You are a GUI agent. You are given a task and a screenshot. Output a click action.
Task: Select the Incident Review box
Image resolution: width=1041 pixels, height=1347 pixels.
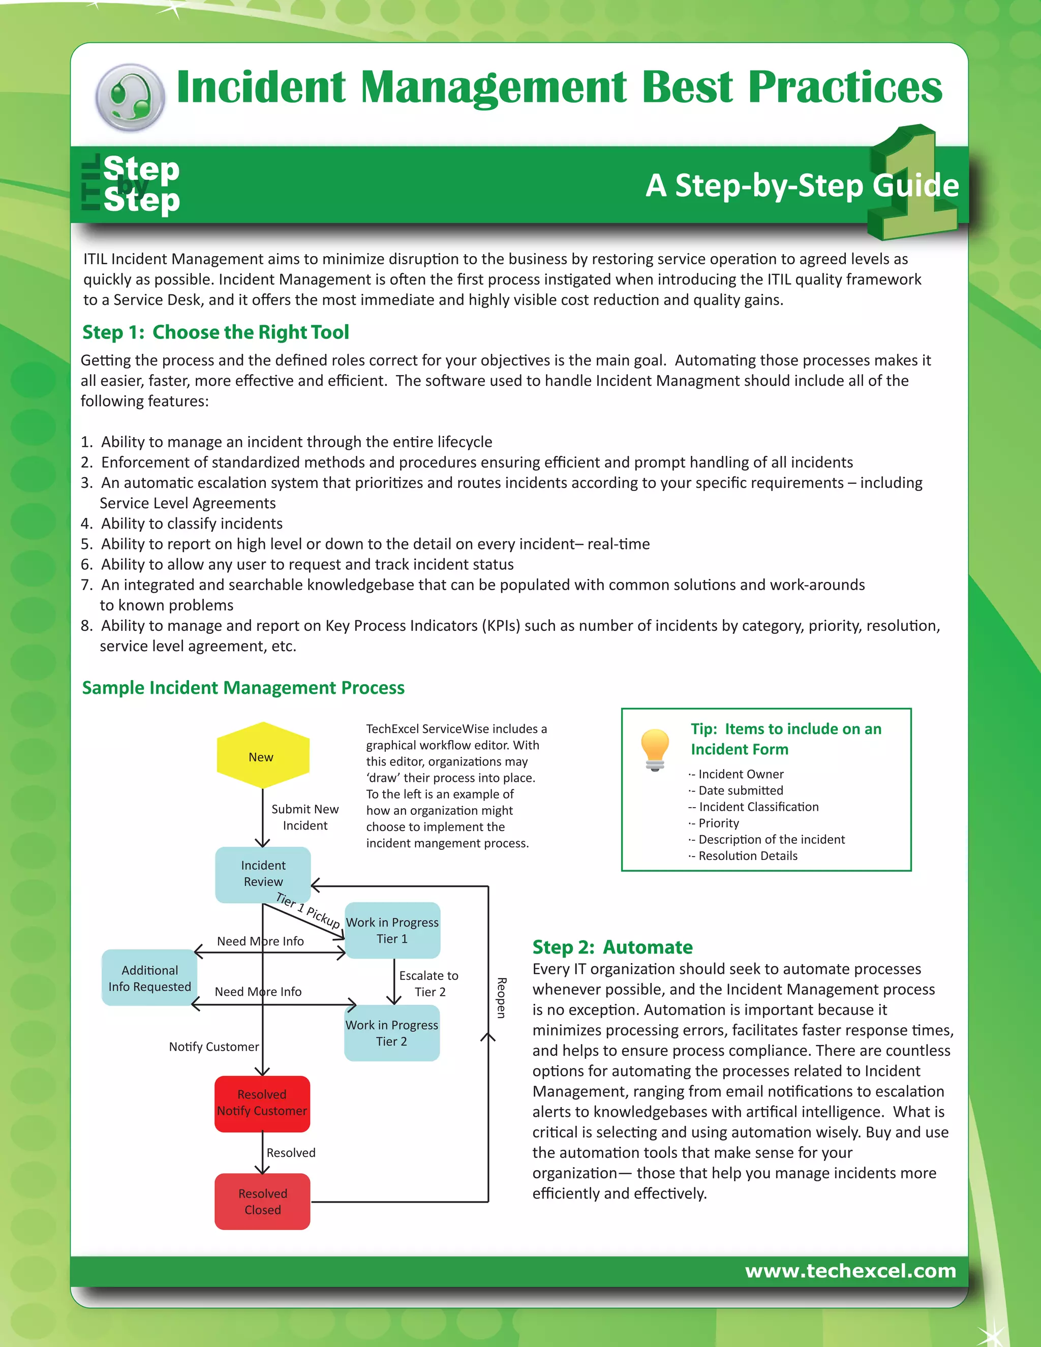click(263, 874)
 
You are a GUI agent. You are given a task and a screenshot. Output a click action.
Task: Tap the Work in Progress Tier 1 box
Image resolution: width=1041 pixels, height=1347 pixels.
click(392, 930)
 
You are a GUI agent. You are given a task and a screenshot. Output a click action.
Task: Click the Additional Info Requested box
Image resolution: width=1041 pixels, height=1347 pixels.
click(149, 977)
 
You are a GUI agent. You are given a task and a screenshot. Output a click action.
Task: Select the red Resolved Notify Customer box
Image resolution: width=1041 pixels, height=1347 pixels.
click(262, 1103)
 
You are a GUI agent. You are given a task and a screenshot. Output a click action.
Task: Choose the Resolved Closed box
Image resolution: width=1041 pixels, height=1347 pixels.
click(262, 1202)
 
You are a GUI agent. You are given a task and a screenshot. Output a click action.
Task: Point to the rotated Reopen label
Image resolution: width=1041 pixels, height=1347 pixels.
click(501, 998)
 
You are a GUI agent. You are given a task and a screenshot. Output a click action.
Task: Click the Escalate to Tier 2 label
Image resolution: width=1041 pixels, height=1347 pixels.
click(428, 983)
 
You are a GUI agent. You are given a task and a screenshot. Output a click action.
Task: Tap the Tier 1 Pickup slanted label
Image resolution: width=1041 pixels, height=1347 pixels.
click(308, 910)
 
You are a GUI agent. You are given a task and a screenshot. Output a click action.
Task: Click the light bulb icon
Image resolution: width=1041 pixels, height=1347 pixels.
click(655, 749)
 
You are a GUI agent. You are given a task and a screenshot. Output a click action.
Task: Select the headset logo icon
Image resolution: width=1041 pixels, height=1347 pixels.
click(130, 98)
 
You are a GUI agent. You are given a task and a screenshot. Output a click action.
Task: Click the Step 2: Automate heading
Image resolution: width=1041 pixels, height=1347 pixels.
click(612, 947)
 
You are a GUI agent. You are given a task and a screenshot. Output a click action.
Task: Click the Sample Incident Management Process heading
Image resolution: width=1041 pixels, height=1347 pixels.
click(243, 687)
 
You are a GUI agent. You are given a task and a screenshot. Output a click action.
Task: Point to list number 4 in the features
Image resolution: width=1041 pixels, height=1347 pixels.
click(86, 524)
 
